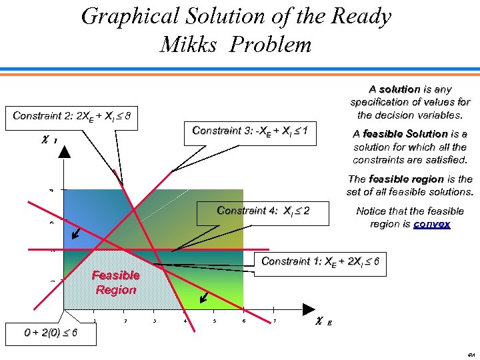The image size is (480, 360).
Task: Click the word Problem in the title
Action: pos(273,45)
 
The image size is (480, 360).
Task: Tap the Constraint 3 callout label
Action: pos(250,131)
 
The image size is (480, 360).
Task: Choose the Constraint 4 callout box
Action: pos(263,211)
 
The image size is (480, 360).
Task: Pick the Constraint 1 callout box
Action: pos(321,261)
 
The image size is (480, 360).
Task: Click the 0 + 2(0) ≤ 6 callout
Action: pos(41,333)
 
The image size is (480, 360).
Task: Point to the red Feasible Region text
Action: pos(116,283)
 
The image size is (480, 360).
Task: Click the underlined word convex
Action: pos(431,224)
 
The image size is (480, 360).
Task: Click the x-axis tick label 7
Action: pos(275,321)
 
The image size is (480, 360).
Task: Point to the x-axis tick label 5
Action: pos(215,321)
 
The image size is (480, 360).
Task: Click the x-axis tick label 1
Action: pos(95,321)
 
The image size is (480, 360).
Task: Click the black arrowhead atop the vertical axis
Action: pos(64,151)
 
